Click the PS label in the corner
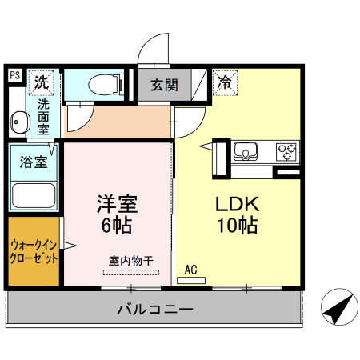[15, 76]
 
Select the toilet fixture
[102, 84]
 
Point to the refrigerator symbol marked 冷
[226, 81]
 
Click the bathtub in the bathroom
[34, 194]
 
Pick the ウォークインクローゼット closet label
[34, 252]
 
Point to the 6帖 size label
[117, 226]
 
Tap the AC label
[190, 270]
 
